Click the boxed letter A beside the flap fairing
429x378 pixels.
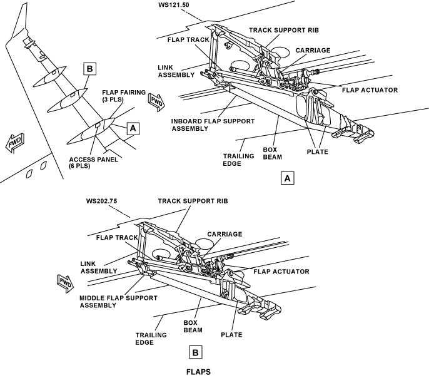click(x=133, y=128)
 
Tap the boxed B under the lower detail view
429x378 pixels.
click(x=196, y=353)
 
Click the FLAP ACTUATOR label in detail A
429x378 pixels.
click(x=370, y=90)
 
